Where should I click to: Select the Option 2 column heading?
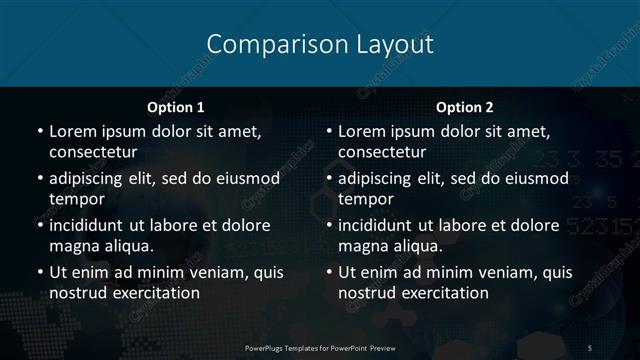[465, 107]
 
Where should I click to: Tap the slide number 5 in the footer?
[590, 347]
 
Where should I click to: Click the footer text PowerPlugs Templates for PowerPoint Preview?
[319, 347]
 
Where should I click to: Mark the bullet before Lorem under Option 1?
[39, 132]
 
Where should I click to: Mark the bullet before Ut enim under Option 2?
[329, 272]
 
